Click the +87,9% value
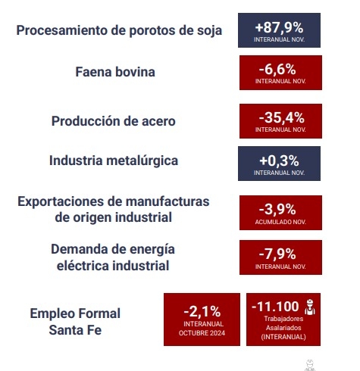click(x=279, y=27)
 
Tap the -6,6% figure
click(x=277, y=70)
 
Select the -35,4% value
click(x=281, y=118)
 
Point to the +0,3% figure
click(x=279, y=161)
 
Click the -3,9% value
click(x=277, y=210)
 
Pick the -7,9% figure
click(x=277, y=254)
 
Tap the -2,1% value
click(x=202, y=312)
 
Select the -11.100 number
click(x=275, y=307)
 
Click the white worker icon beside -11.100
click(x=310, y=307)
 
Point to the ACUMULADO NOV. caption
click(x=280, y=222)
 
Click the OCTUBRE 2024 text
click(x=202, y=333)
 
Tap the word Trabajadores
click(x=283, y=319)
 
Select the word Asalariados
click(x=283, y=328)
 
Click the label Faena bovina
click(x=115, y=72)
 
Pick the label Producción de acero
click(x=114, y=121)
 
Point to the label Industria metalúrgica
click(x=114, y=161)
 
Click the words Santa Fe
click(x=75, y=330)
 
